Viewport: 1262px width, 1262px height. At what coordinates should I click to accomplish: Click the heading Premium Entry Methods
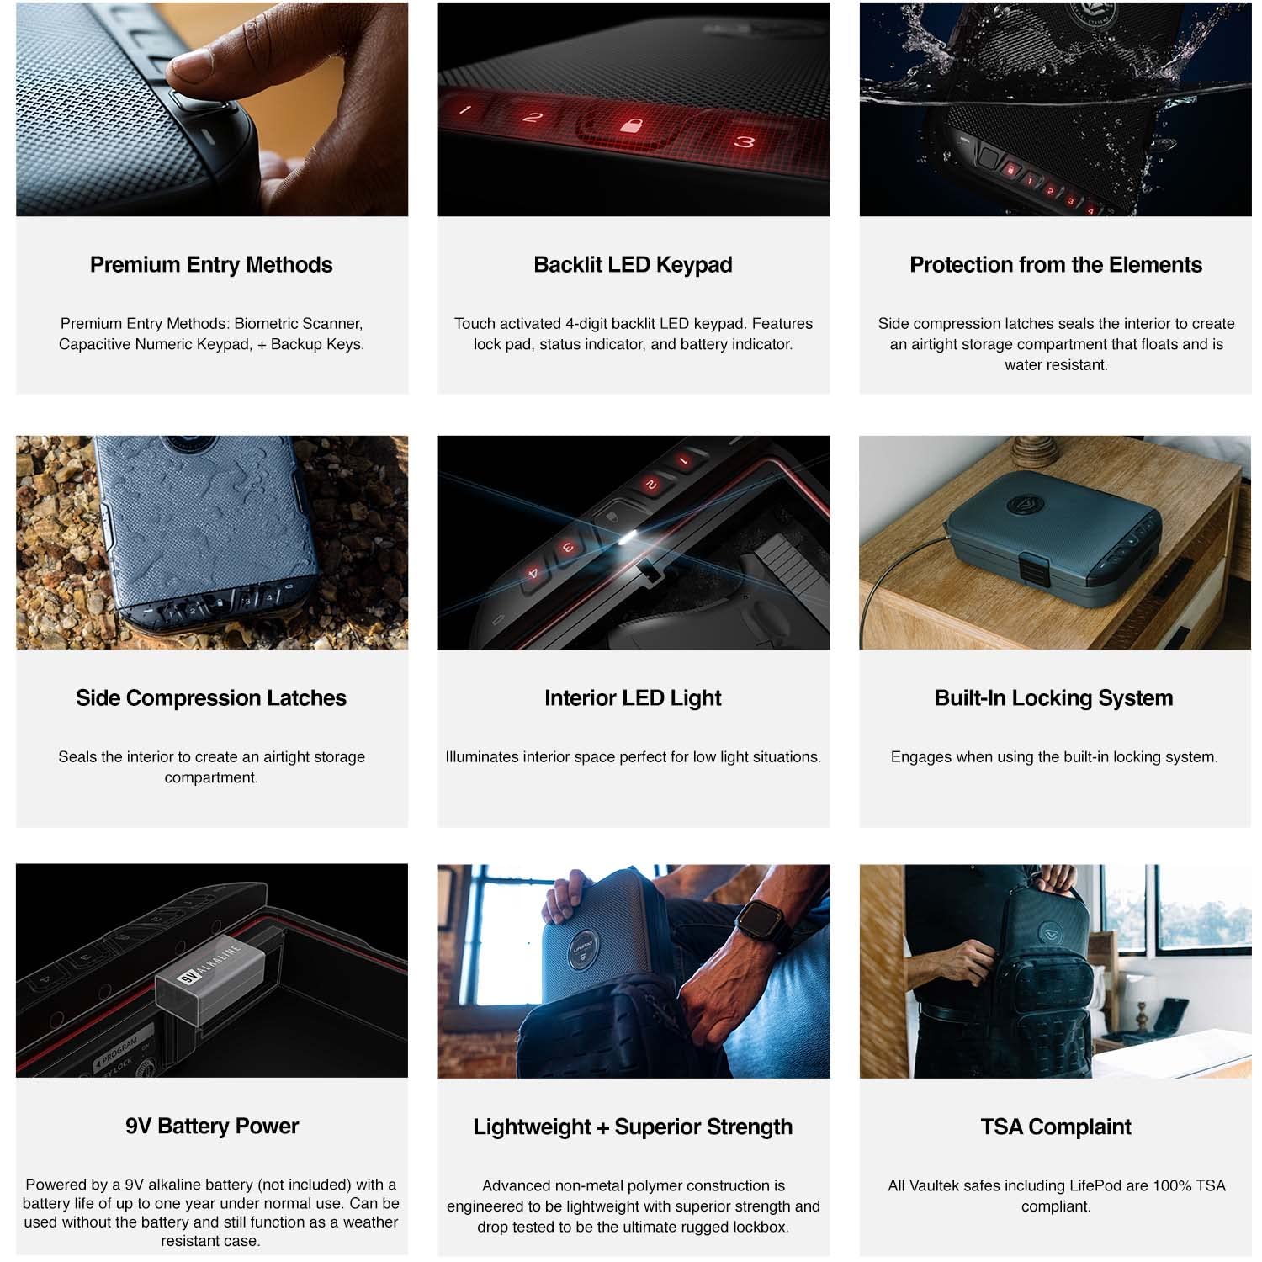(211, 265)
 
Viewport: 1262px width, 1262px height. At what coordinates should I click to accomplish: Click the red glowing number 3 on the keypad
(744, 141)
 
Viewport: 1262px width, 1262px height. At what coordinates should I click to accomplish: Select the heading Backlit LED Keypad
(633, 265)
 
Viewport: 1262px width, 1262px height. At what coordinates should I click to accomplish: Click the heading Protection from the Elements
(1055, 265)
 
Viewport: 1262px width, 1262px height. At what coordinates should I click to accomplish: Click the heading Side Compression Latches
(211, 698)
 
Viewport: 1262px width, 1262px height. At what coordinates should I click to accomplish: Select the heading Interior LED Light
(633, 698)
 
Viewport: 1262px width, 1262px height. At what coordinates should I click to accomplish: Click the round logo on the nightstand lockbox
(1026, 504)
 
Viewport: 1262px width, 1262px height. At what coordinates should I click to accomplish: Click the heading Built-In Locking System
(1053, 698)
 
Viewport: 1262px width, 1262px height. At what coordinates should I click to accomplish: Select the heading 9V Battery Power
(211, 1127)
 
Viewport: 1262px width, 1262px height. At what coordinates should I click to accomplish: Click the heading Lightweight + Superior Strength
(633, 1127)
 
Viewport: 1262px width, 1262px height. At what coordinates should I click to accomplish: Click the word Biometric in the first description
(268, 324)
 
